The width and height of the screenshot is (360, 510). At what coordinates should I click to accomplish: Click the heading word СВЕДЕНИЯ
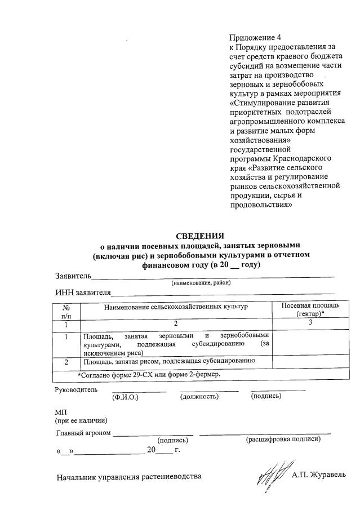(201, 236)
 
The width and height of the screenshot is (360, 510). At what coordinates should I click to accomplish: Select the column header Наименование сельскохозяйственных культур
(175, 306)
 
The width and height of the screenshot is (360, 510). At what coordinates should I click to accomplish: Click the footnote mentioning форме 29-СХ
(149, 374)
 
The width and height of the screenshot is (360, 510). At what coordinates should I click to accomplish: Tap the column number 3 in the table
(310, 323)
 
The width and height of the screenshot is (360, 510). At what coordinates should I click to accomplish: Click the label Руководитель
(75, 389)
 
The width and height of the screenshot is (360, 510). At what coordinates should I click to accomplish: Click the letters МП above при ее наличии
(60, 412)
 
